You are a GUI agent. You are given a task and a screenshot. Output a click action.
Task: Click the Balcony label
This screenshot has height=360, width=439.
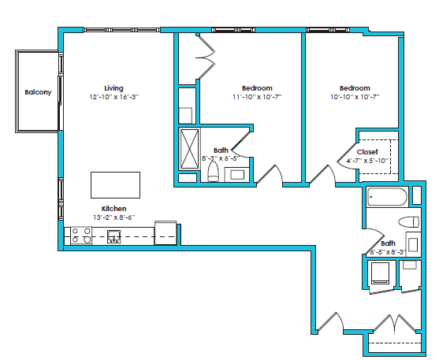point(38,92)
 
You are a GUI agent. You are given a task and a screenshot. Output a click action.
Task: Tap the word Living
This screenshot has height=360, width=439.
point(113,87)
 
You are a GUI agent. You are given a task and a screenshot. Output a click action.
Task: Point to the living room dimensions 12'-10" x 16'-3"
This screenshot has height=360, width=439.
point(113,96)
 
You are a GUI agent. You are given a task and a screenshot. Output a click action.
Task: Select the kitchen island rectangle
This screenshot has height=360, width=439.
point(115,185)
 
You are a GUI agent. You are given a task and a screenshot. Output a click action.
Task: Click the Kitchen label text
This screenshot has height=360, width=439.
point(114,209)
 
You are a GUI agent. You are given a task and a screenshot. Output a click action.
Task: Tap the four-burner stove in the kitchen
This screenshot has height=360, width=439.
point(80,235)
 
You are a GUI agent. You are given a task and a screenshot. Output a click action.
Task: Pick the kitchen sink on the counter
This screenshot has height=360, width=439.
point(115,235)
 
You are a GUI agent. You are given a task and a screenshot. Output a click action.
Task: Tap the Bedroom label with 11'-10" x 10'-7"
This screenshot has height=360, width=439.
point(257,87)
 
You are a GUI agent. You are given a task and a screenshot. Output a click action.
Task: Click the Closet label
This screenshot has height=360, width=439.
point(367,151)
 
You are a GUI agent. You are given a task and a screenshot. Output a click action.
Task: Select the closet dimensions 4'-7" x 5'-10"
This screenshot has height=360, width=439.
point(367,161)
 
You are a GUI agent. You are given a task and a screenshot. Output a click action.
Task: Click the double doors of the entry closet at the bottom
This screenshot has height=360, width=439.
point(392,324)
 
